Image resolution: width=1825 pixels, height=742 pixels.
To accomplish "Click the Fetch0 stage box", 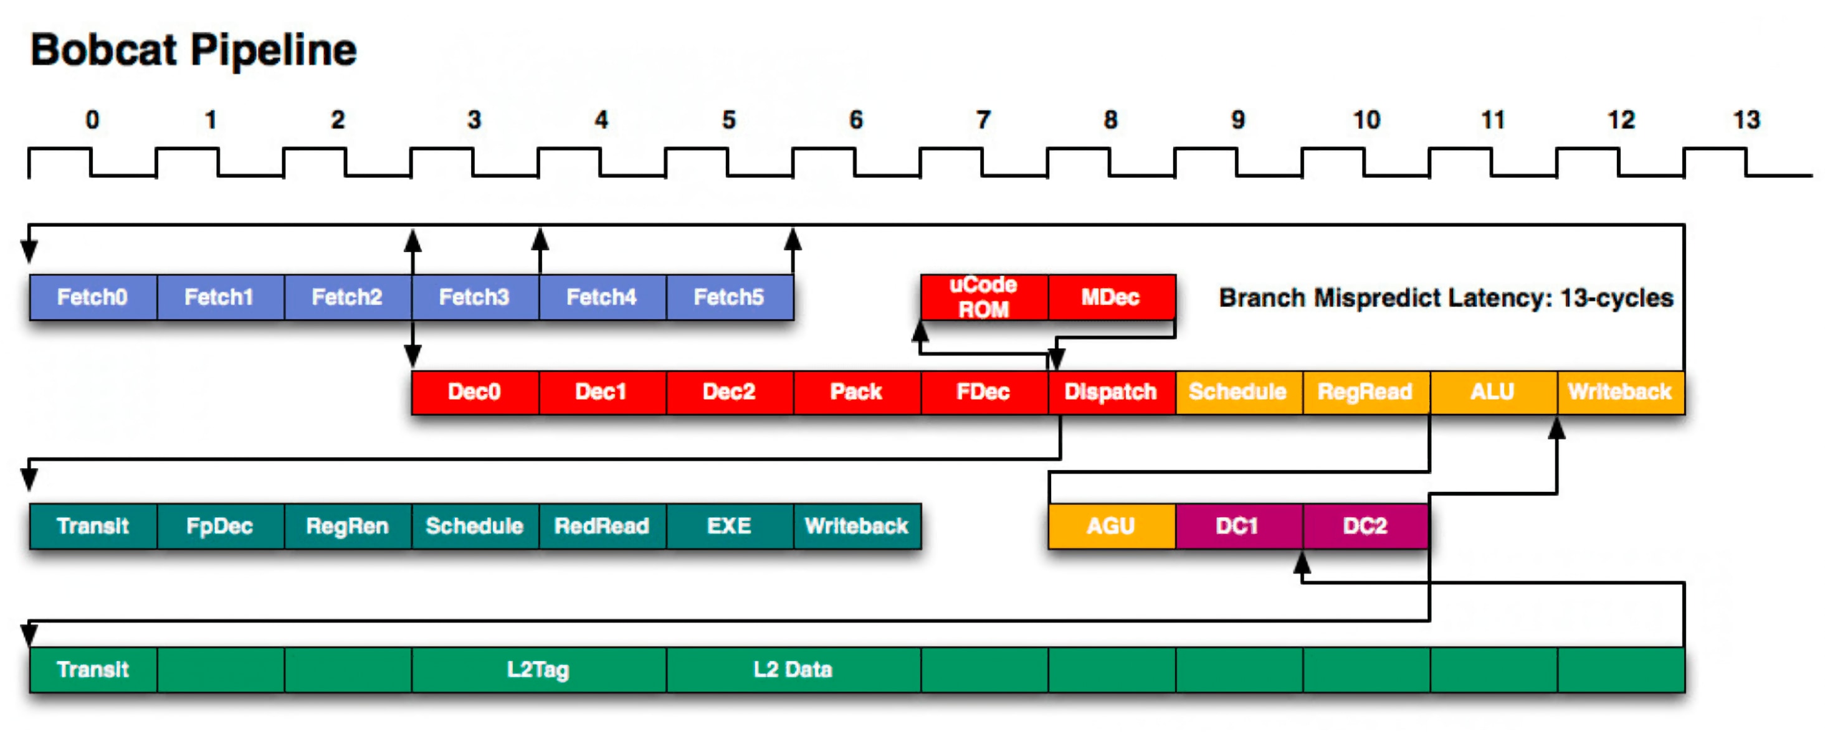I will tap(93, 297).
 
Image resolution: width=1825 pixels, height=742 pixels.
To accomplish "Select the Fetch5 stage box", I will tap(729, 297).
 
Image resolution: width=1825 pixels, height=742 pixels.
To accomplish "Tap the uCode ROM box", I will tap(983, 297).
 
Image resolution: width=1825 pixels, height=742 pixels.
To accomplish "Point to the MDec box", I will tap(1111, 297).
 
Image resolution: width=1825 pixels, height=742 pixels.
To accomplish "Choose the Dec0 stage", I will tap(475, 392).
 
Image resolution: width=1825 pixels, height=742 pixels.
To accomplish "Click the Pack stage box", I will tap(857, 392).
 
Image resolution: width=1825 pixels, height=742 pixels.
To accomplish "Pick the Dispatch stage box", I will tap(1111, 392).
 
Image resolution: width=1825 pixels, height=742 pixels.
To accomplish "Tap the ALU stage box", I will tap(1493, 392).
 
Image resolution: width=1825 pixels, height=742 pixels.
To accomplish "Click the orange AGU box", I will tap(1111, 526).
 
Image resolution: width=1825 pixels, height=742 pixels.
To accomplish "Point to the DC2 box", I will tap(1365, 526).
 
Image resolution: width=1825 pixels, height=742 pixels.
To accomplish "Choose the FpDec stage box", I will tap(219, 526).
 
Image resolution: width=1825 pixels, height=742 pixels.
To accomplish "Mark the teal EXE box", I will tap(729, 526).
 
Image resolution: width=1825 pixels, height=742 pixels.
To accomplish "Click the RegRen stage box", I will tap(347, 526).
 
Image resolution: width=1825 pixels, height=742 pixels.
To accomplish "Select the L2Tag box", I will tap(538, 669).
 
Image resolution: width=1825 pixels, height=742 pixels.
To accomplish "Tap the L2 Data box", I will tap(793, 669).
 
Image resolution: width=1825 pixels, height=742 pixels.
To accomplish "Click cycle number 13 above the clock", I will tap(1746, 120).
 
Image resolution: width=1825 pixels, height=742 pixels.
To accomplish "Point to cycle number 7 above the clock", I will tap(983, 120).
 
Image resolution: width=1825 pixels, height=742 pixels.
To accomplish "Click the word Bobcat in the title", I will tap(103, 50).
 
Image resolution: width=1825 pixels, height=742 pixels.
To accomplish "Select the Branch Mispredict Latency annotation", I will tap(1446, 298).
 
